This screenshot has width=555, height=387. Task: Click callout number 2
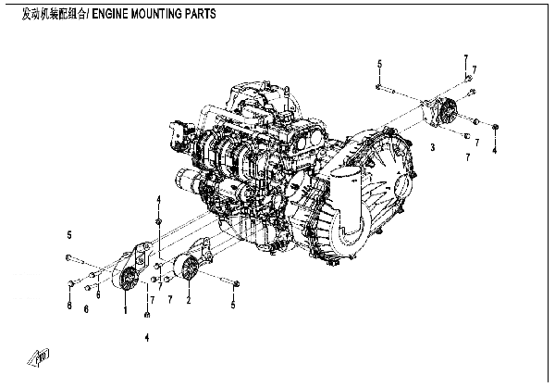[188, 300]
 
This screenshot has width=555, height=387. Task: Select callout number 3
[431, 147]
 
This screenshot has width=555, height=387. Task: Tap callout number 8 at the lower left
[69, 305]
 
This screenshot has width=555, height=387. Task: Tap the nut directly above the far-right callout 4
[496, 127]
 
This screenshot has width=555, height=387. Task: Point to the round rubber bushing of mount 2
[191, 269]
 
